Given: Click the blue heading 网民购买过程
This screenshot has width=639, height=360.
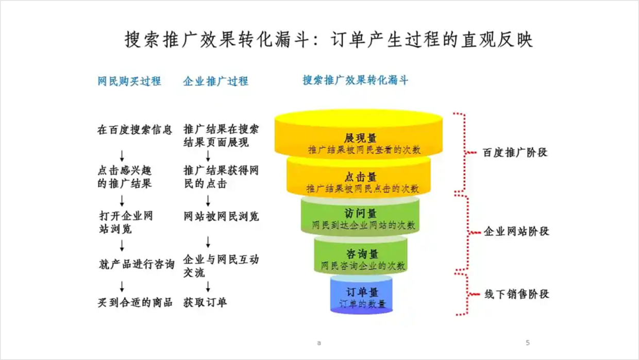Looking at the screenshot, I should pyautogui.click(x=129, y=81).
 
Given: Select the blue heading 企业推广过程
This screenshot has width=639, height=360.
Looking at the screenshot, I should pyautogui.click(x=215, y=81).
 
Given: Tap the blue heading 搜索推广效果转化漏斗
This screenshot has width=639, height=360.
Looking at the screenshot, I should pyautogui.click(x=355, y=80).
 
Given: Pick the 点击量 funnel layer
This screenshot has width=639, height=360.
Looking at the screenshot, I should pyautogui.click(x=360, y=178).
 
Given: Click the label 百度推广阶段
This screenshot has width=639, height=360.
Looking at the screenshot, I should pyautogui.click(x=514, y=152).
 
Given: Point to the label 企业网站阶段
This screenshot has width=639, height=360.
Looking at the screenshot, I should pyautogui.click(x=516, y=231).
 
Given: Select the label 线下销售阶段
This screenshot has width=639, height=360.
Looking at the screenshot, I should pyautogui.click(x=516, y=294).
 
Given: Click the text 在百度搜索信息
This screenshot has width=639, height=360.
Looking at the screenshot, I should pyautogui.click(x=134, y=129).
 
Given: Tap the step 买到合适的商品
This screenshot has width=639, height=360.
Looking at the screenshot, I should pyautogui.click(x=135, y=302).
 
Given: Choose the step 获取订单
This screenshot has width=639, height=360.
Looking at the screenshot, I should pyautogui.click(x=205, y=302).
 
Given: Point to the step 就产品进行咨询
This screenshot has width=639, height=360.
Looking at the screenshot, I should pyautogui.click(x=137, y=264).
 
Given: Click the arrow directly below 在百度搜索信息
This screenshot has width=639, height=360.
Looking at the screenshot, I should pyautogui.click(x=122, y=155).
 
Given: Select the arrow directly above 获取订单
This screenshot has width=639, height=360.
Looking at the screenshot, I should pyautogui.click(x=208, y=286).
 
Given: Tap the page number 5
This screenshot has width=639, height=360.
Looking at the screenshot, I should pyautogui.click(x=527, y=342).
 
